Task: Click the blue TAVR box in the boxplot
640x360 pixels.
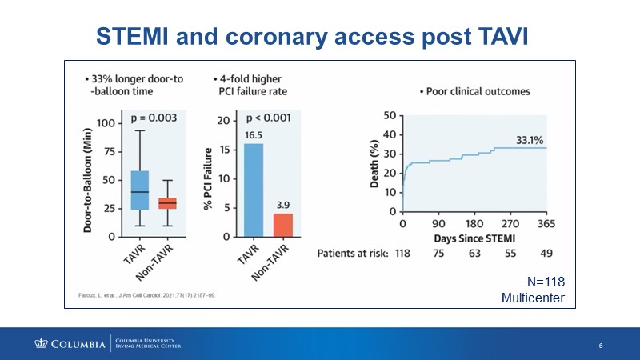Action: [x=139, y=190]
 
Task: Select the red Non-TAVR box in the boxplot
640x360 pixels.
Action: [x=168, y=203]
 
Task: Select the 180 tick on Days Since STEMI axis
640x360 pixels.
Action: [x=474, y=223]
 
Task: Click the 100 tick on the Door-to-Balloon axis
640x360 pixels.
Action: [x=105, y=123]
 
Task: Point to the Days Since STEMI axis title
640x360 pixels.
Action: [x=475, y=238]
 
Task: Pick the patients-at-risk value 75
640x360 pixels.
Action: [x=439, y=254]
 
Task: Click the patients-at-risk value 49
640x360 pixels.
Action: [x=546, y=254]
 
